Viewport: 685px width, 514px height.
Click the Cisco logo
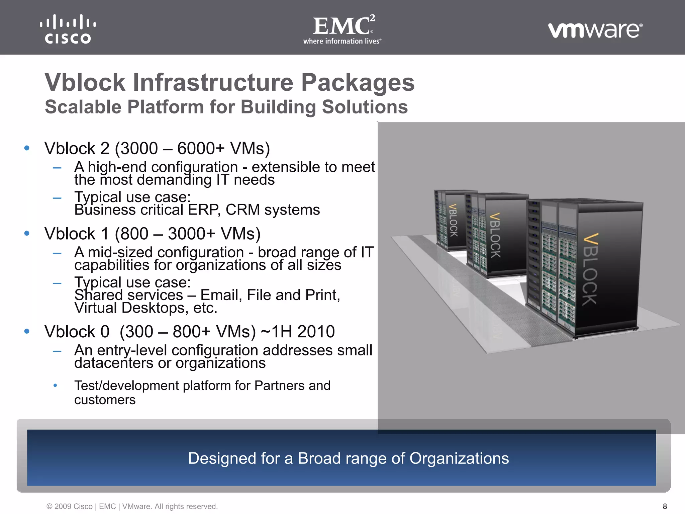coord(68,29)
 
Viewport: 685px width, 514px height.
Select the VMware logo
coord(595,30)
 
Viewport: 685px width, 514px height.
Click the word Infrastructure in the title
coord(213,82)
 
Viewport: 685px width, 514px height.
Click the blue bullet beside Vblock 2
coord(27,148)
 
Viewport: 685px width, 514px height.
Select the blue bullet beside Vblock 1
coord(27,233)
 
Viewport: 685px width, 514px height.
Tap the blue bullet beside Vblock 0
coord(27,331)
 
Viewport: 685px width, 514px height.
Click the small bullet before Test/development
coord(56,385)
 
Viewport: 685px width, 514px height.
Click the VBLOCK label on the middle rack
coord(495,235)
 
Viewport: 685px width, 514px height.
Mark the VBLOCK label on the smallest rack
coord(453,220)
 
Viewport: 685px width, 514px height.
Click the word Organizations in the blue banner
coord(459,458)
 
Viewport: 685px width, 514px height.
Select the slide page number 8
coord(665,506)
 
